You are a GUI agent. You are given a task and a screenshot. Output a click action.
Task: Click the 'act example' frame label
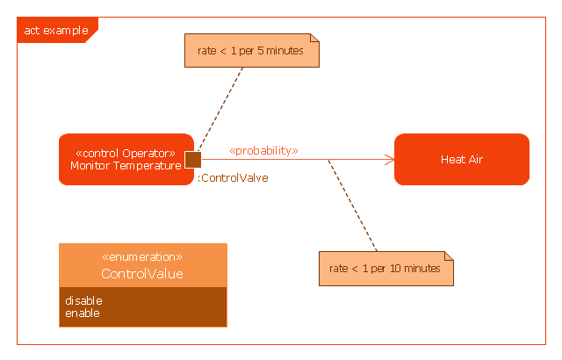[56, 30]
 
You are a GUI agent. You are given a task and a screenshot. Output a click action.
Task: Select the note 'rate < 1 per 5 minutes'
[252, 51]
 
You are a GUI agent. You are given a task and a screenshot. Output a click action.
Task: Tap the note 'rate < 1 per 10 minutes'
[386, 269]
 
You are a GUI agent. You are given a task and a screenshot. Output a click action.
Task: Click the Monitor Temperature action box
[126, 160]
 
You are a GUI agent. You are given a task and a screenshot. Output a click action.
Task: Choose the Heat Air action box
[462, 160]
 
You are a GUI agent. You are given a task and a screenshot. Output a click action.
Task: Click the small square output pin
[193, 160]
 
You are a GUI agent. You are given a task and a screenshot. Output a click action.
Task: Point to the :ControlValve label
[233, 178]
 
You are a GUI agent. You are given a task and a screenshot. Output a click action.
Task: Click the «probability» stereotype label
[263, 151]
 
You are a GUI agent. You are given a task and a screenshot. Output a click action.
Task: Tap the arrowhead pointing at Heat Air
[389, 160]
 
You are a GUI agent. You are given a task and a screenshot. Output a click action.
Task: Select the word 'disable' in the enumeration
[83, 300]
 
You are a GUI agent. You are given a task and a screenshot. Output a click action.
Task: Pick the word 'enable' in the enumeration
[83, 313]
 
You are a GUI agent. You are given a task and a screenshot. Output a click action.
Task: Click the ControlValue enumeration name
[142, 274]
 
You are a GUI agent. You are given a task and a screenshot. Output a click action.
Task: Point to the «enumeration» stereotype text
[142, 257]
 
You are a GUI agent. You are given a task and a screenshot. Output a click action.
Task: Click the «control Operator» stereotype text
[126, 154]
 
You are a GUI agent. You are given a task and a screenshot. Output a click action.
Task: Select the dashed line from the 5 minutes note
[220, 109]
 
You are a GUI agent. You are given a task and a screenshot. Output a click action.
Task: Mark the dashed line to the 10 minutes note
[352, 205]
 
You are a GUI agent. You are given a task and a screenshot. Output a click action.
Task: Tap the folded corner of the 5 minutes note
[314, 38]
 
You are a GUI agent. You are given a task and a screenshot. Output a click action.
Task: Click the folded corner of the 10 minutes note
[449, 256]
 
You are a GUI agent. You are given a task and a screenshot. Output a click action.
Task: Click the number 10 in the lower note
[395, 269]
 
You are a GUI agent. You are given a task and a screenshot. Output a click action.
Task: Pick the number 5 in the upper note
[261, 51]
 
